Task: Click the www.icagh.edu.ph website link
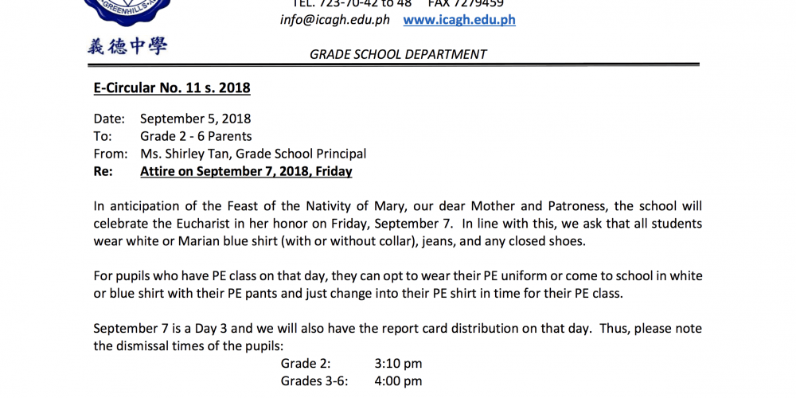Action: coord(459,20)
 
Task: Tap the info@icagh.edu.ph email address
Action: coord(335,20)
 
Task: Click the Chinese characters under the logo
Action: coord(127,46)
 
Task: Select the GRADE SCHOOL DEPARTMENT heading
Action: coord(398,54)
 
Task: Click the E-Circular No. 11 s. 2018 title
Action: coord(172,88)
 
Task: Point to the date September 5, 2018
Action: coord(196,119)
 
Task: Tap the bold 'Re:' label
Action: coord(103,171)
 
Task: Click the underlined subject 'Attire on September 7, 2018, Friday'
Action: coord(246,171)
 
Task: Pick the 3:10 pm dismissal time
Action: coord(398,364)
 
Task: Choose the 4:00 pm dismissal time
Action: coord(398,381)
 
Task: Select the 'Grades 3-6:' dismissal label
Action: coord(314,381)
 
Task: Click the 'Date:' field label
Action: coord(109,119)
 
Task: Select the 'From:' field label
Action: coord(110,154)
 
